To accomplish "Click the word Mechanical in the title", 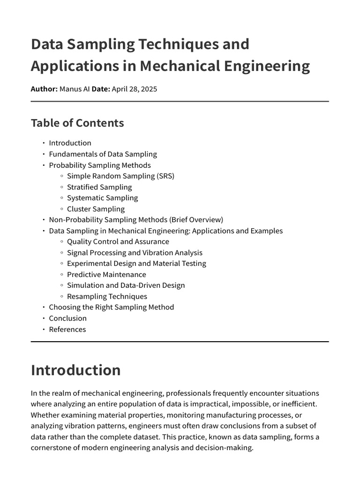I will click(177, 66).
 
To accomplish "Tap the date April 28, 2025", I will click(134, 89).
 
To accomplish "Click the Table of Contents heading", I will click(77, 123).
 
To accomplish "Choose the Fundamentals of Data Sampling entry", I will click(103, 154).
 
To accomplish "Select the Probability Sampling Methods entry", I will click(100, 165).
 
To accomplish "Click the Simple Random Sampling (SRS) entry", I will click(120, 176).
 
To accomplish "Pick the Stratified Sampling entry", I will click(99, 187).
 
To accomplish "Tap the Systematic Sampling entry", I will click(102, 198).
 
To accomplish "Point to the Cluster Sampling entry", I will click(96, 209).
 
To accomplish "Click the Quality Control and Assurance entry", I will click(118, 241).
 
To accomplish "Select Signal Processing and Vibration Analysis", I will click(135, 253).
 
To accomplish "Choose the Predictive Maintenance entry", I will click(106, 274).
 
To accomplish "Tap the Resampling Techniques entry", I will click(107, 296).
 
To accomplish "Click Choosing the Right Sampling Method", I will click(111, 307).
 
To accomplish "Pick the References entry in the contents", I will click(67, 329).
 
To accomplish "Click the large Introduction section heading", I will click(75, 370).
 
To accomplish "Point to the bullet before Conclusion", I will click(43, 318).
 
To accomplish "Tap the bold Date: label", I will click(101, 89).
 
